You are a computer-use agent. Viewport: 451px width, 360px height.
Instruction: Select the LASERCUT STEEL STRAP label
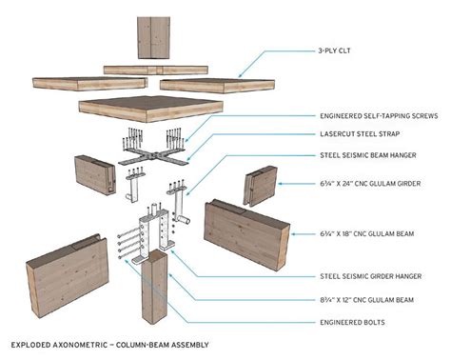coord(367,134)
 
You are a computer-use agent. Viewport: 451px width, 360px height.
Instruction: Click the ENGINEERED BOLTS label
coord(351,321)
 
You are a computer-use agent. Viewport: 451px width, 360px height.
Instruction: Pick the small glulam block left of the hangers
coord(94,177)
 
